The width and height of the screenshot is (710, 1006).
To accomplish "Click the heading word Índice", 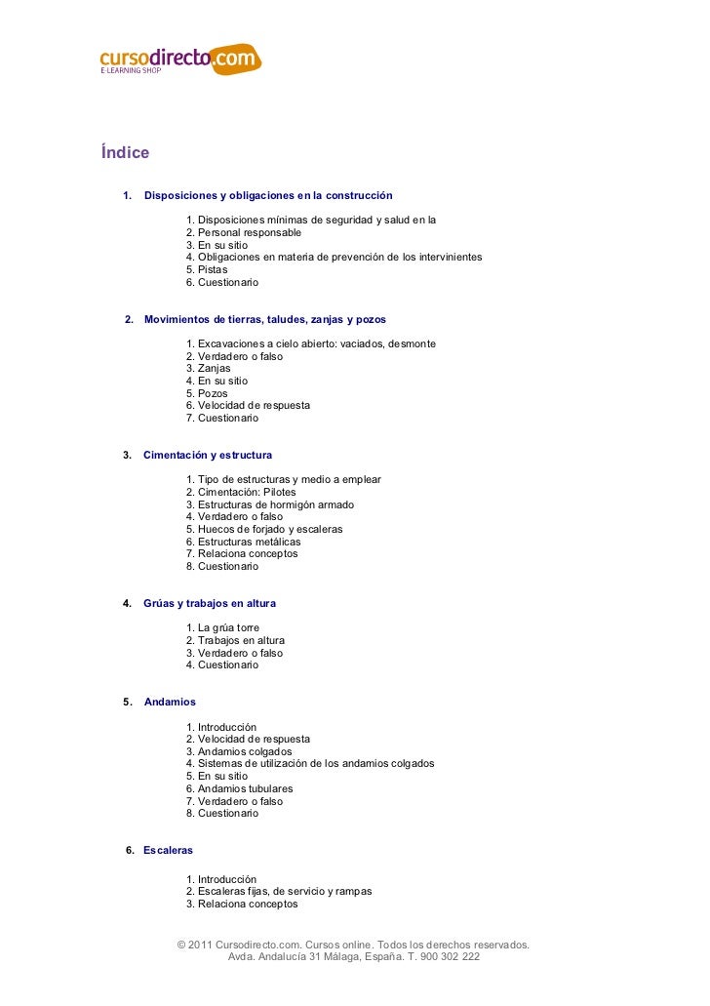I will coord(125,153).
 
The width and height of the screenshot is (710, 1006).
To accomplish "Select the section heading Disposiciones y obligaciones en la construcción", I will coord(268,196).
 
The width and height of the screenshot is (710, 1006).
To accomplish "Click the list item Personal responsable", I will coord(249,233).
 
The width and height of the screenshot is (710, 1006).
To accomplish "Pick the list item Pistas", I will coord(214,270).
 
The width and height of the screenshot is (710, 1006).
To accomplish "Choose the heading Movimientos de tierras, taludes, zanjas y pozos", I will coord(264,319).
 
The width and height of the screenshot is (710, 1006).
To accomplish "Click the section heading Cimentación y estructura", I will coord(208,455).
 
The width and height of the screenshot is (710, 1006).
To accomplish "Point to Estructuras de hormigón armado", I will coord(275,505).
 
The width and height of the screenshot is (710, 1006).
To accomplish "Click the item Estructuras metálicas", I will coord(249,542).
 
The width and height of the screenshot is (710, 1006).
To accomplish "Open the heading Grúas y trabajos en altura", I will coord(210,603).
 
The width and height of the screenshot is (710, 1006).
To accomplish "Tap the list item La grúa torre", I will coord(228,627).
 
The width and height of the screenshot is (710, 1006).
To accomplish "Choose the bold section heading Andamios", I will coord(170,702).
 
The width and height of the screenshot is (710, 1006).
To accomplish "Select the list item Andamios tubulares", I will coord(245,788).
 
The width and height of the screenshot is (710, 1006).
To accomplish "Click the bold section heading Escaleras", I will coord(168,850).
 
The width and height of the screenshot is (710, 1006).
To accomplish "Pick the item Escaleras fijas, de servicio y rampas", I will coord(284,892).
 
